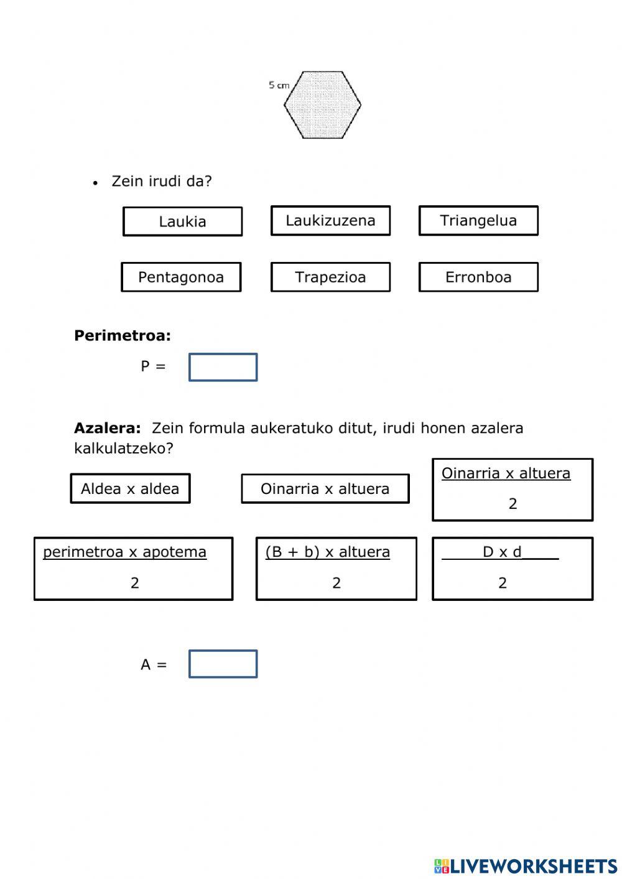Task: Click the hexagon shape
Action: tap(322, 105)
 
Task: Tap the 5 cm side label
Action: tap(279, 85)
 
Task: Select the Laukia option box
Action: tap(182, 221)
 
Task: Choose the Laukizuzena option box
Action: tap(330, 221)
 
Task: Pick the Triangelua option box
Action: tap(478, 221)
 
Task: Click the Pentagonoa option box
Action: tap(181, 277)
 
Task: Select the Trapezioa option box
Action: tap(330, 277)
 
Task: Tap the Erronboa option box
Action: tap(478, 277)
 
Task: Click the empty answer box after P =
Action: tap(223, 367)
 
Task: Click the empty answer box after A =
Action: tap(223, 664)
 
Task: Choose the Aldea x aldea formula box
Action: tap(130, 488)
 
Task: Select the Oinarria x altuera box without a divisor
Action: tap(325, 488)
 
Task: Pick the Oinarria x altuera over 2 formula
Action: tap(512, 490)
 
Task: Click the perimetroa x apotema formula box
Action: tap(133, 569)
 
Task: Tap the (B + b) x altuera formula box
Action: tap(336, 569)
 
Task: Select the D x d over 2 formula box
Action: tap(512, 569)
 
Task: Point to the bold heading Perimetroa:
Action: tap(123, 336)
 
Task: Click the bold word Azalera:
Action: tap(108, 428)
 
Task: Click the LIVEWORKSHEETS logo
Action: tap(526, 866)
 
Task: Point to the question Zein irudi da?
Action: tap(162, 182)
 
